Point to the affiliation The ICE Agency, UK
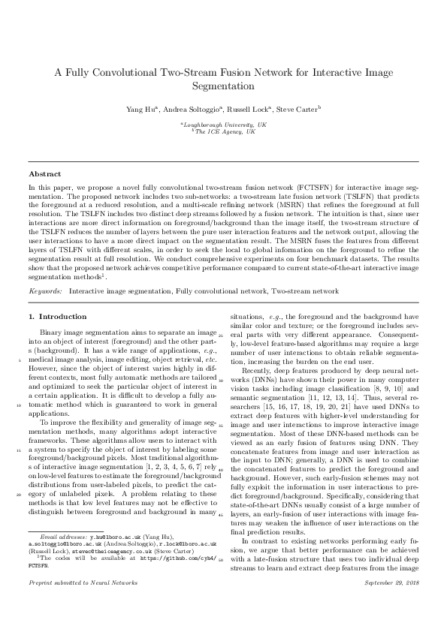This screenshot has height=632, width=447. coord(224,131)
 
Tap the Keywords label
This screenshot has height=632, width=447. coord(45,290)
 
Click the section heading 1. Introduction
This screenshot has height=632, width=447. coord(57,317)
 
